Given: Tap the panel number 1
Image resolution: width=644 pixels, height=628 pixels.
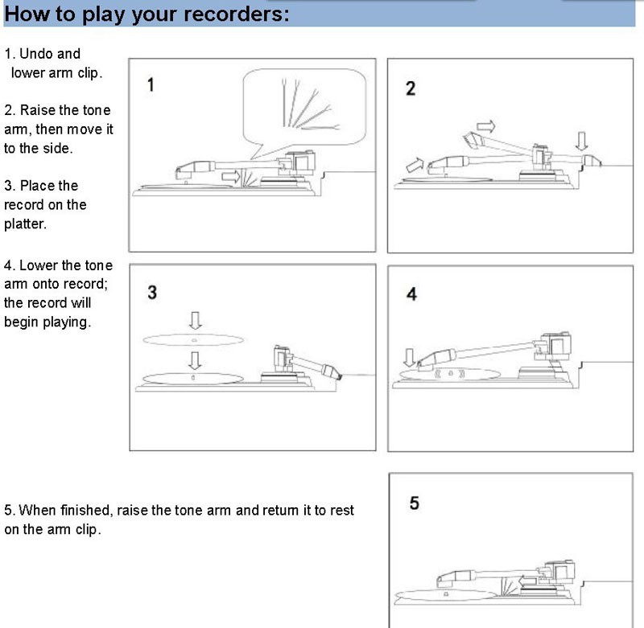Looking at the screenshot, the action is (151, 84).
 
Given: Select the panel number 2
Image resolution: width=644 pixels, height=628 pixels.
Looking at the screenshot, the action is (411, 88).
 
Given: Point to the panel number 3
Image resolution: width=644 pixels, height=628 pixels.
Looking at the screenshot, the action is (152, 293).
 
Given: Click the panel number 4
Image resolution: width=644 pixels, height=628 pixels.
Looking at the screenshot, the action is (411, 294).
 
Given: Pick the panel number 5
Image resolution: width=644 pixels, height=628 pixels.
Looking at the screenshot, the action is (414, 503).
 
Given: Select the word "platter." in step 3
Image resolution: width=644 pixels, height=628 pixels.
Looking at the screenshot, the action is (25, 224).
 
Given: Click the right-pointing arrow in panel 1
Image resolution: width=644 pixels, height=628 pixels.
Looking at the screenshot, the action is (230, 177).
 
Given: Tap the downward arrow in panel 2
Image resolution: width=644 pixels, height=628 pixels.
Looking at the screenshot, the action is (581, 141).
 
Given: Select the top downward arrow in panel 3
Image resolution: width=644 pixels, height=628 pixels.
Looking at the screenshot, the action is (195, 320).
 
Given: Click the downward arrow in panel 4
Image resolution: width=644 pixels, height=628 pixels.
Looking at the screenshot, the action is (409, 357).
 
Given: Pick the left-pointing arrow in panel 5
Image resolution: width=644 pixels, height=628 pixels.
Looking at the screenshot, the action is (527, 581).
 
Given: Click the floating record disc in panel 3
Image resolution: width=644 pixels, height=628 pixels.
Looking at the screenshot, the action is (193, 340).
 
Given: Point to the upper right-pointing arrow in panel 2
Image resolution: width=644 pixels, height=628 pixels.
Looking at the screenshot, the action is (486, 126).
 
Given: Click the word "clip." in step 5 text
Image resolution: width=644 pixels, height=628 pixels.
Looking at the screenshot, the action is (89, 530).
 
